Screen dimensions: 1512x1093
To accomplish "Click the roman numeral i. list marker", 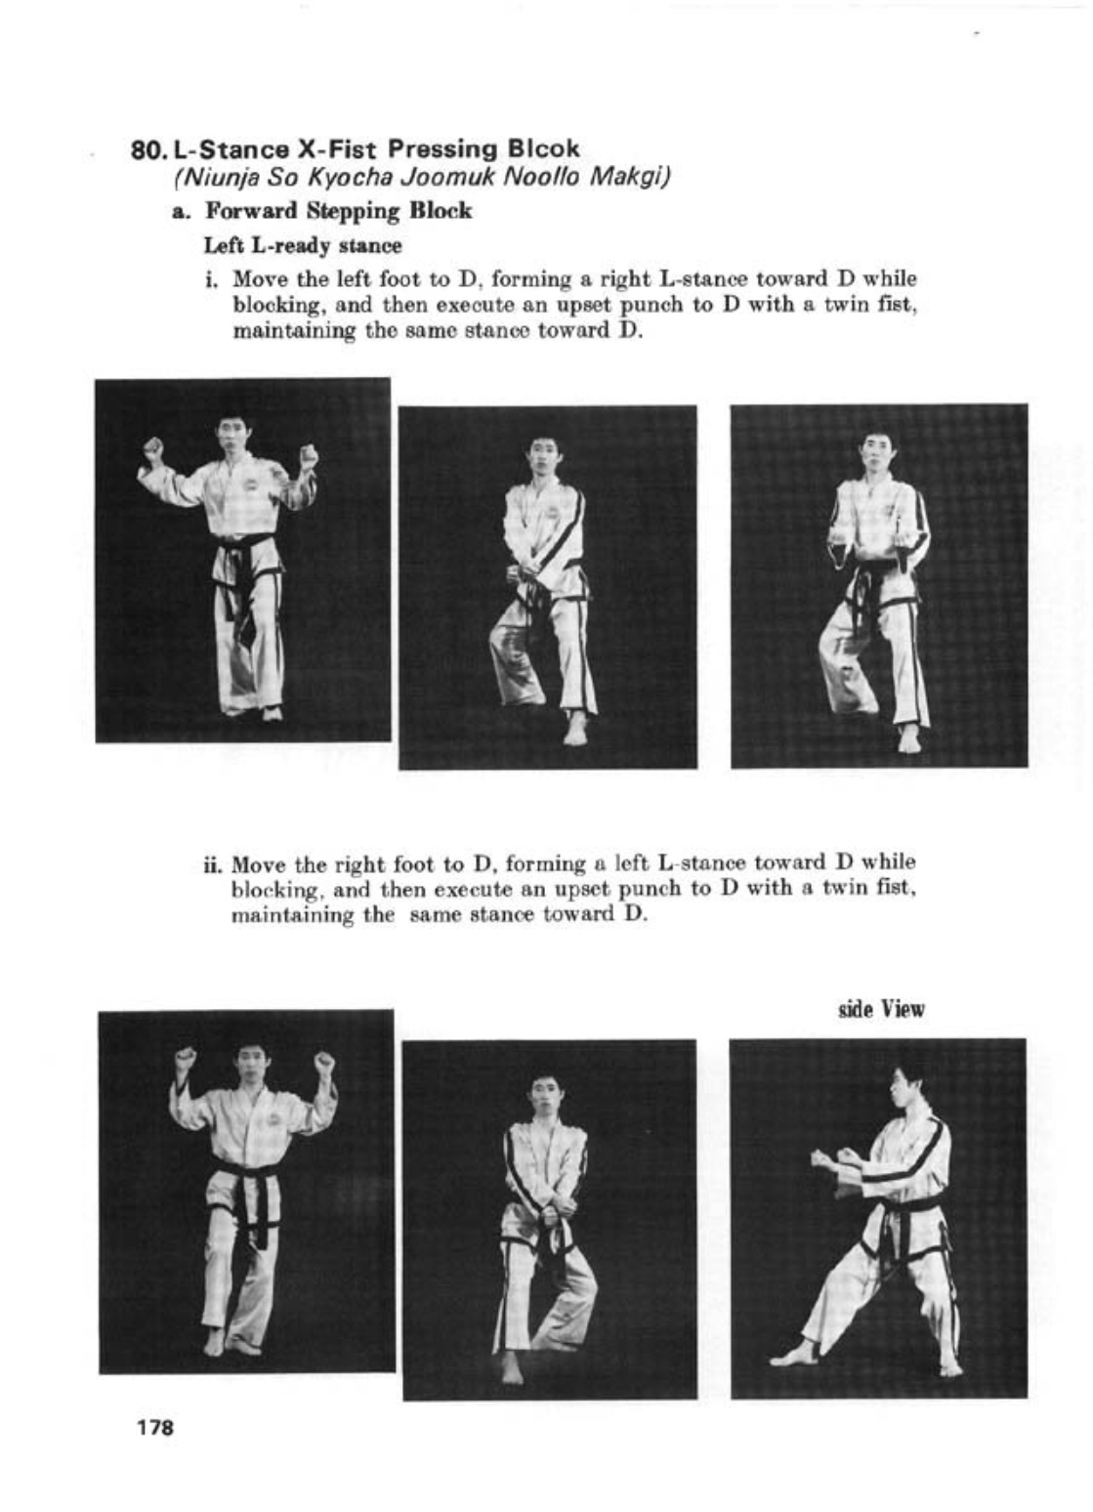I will pyautogui.click(x=210, y=280).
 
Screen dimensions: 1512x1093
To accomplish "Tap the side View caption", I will pyautogui.click(x=881, y=1009).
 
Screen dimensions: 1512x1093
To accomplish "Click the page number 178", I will pyautogui.click(x=155, y=1427).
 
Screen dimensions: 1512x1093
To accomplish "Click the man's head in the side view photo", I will pyautogui.click(x=907, y=1085).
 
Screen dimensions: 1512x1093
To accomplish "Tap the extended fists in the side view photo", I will pyautogui.click(x=827, y=1160).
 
